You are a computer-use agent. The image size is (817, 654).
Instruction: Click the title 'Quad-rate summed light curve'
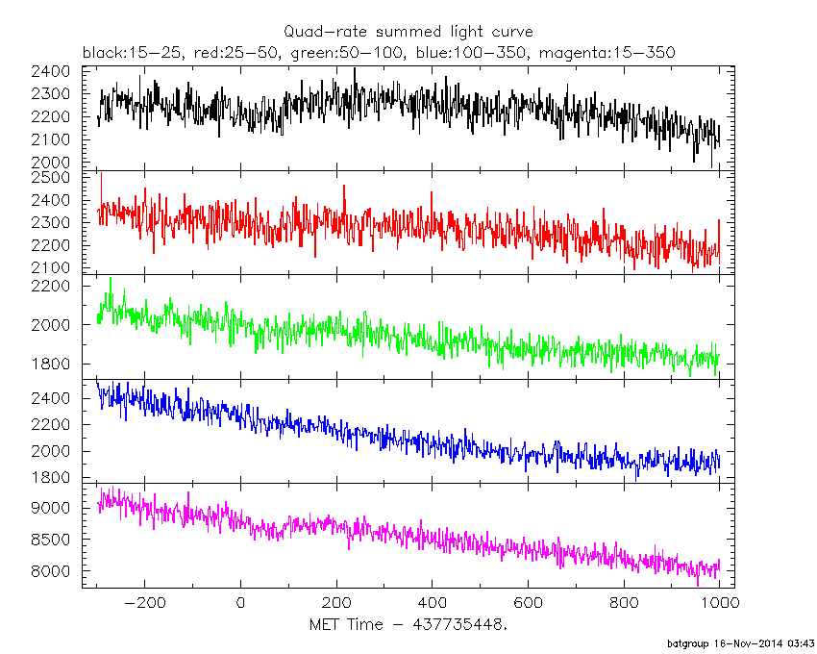[408, 32]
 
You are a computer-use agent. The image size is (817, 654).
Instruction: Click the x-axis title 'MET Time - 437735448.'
[408, 626]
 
